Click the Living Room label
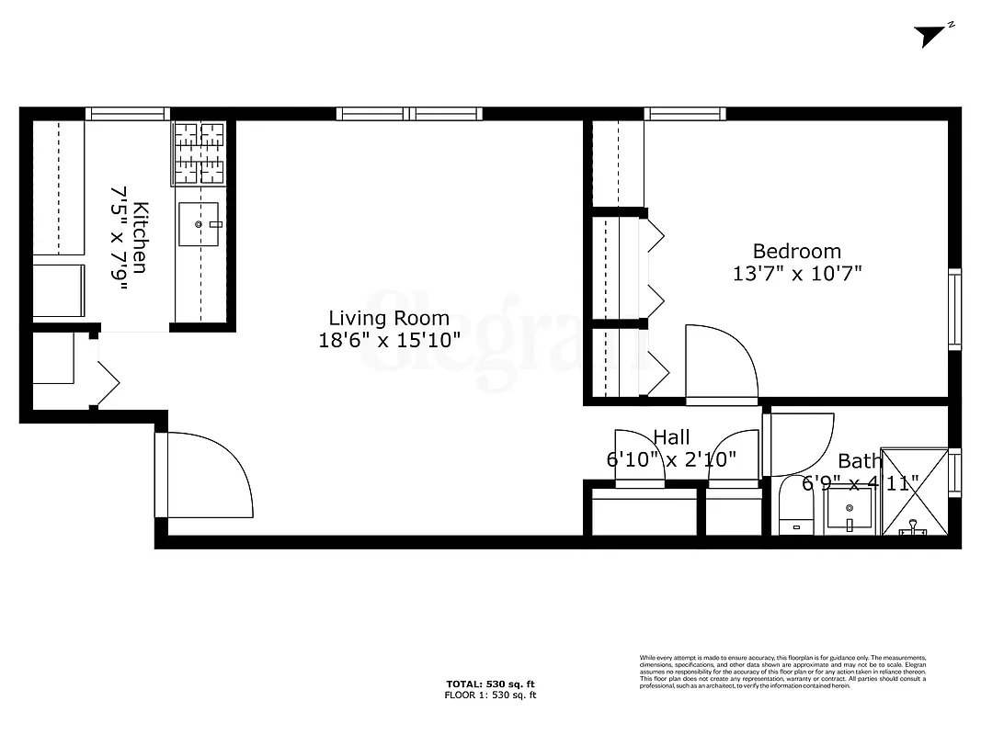(389, 318)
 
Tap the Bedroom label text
(796, 251)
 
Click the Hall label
(671, 437)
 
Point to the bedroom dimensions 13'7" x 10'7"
(796, 273)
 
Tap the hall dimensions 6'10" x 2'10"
(671, 460)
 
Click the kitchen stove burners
(200, 152)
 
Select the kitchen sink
(199, 224)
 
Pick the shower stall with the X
(914, 491)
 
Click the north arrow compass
(931, 36)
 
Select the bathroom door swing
(799, 444)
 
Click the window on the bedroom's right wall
(955, 309)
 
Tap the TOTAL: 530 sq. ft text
(490, 684)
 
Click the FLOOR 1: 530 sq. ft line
(490, 695)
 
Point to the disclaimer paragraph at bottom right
(782, 672)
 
